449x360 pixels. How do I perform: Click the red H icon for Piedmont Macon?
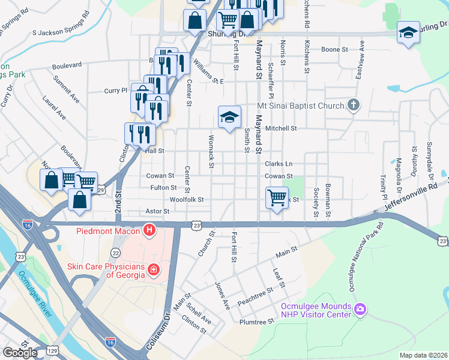point(149,230)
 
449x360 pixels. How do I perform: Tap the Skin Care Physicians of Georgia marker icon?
point(154,269)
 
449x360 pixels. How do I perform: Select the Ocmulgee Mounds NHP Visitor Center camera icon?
point(360,309)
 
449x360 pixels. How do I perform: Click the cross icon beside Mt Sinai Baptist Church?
point(354,106)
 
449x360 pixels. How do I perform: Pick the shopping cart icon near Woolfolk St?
point(277,196)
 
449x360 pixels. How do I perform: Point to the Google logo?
point(20,353)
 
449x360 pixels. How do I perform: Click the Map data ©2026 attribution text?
point(424,355)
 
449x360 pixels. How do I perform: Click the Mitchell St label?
point(281,128)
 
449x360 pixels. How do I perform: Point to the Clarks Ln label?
point(279,164)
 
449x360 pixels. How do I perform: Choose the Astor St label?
point(157,211)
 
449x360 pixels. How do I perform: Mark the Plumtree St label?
point(256,322)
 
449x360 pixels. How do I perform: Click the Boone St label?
point(334,50)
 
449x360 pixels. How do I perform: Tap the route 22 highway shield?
point(115,253)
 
